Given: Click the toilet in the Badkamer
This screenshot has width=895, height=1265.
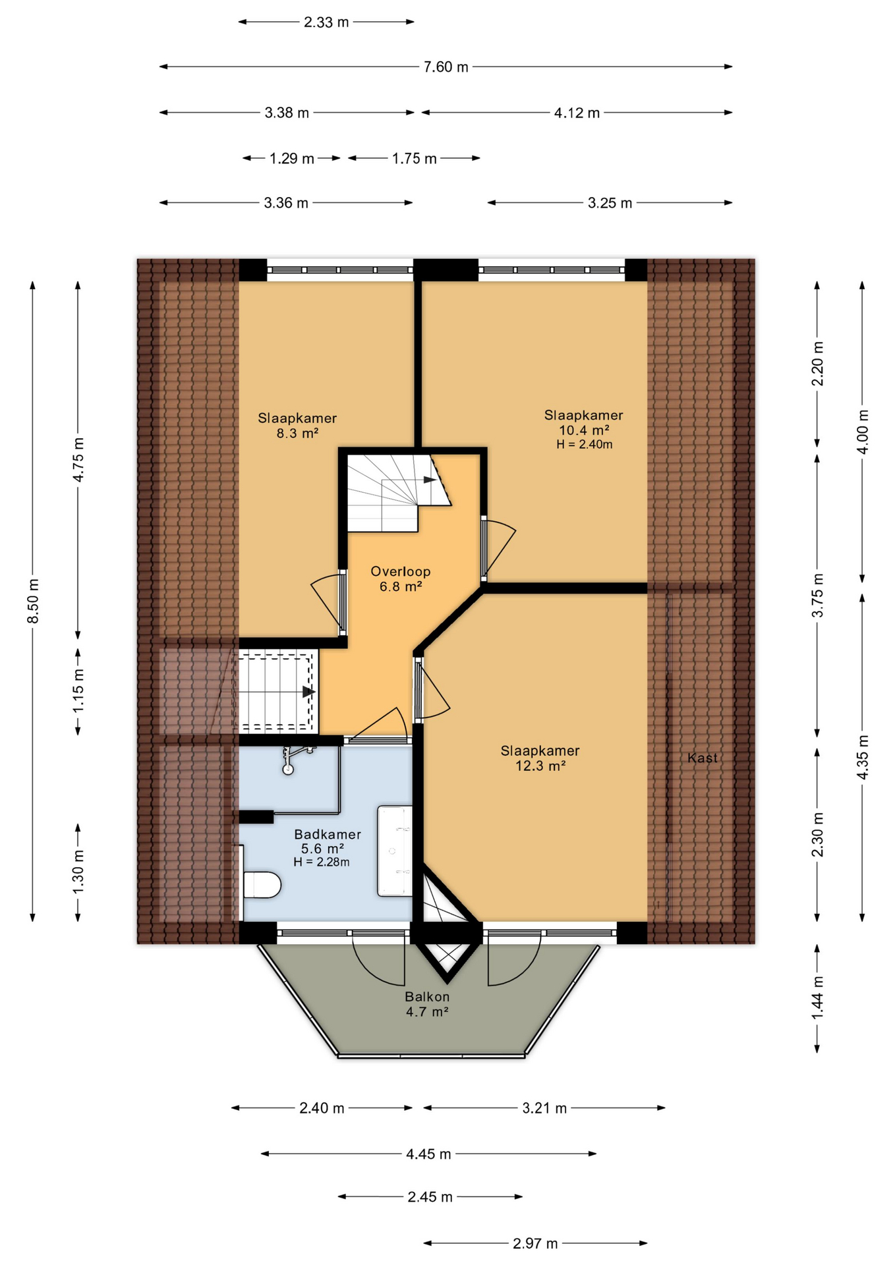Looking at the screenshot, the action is tap(261, 884).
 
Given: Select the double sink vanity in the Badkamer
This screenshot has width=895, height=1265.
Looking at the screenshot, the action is tap(395, 851).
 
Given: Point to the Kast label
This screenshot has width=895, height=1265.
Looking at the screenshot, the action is tap(703, 758).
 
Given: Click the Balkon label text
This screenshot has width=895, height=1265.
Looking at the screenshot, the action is tap(427, 997).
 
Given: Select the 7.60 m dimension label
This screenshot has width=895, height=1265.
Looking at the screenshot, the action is tap(446, 67).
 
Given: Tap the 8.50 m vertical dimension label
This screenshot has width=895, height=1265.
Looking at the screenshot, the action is tap(33, 600).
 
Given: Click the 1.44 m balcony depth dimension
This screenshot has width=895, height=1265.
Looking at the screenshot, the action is tap(817, 997).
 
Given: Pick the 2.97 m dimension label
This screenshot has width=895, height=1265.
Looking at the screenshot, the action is tap(535, 1243).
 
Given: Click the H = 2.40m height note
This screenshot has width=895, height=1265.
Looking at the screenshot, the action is tap(585, 444).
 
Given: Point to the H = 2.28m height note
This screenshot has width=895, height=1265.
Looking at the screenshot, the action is tap(322, 862).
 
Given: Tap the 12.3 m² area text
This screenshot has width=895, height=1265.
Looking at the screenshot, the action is tap(540, 766).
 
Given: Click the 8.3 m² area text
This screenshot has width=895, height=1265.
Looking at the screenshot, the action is tap(297, 433).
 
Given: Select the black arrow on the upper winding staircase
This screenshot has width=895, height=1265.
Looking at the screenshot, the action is tap(430, 480).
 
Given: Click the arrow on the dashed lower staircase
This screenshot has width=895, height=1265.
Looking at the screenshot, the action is tap(308, 692).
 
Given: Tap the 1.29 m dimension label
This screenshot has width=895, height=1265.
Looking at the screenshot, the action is tap(292, 158).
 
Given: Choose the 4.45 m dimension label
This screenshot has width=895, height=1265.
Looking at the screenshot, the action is tap(428, 1154).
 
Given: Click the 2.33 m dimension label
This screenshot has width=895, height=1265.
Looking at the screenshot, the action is tap(326, 22).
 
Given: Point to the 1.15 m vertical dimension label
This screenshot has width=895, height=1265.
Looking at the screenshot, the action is tap(78, 690).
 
